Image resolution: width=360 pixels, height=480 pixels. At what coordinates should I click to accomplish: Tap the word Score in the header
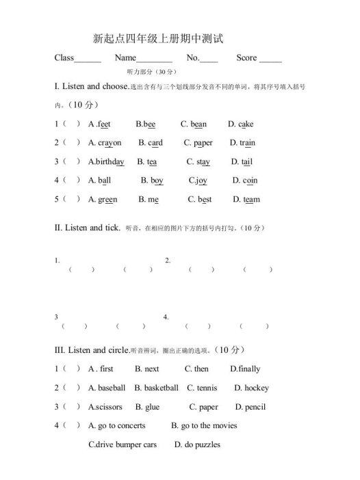coord(246,58)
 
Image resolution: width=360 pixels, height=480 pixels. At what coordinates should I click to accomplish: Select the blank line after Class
coord(88,60)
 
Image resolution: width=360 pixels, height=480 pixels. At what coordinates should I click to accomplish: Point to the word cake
coord(245,124)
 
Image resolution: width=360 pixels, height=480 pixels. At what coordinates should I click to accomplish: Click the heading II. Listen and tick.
coord(87,227)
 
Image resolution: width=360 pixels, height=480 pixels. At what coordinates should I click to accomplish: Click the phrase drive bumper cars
coord(123,444)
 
